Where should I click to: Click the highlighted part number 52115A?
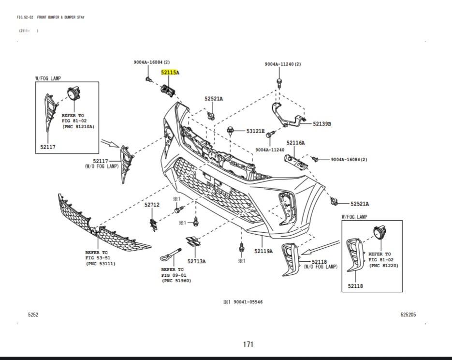click(170, 73)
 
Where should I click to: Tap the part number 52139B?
click(321, 124)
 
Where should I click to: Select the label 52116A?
click(295, 143)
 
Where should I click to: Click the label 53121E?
click(256, 131)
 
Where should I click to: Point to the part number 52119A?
click(263, 251)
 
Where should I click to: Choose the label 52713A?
click(197, 261)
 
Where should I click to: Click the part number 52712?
click(151, 205)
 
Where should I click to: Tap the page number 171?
click(248, 345)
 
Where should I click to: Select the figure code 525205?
click(408, 315)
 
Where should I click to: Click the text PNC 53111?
click(101, 264)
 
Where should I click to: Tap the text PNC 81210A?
click(78, 126)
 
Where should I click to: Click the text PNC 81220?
click(383, 266)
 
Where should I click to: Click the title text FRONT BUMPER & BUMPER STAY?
click(60, 17)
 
